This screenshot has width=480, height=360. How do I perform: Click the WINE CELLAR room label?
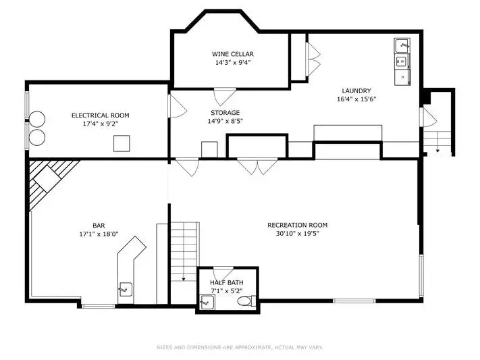pyautogui.click(x=233, y=54)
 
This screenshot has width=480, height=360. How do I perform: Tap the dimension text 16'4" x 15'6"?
pyautogui.click(x=356, y=99)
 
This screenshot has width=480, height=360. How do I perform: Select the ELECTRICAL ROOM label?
pyautogui.click(x=101, y=115)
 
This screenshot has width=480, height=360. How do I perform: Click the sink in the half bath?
pyautogui.click(x=207, y=302)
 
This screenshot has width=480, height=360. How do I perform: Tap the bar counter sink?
pyautogui.click(x=125, y=289)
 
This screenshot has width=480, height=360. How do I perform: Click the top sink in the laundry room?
pyautogui.click(x=402, y=46)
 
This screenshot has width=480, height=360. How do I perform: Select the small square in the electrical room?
pyautogui.click(x=122, y=143)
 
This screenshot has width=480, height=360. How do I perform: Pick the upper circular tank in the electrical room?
pyautogui.click(x=37, y=119)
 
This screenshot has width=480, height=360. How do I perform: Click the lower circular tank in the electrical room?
pyautogui.click(x=37, y=138)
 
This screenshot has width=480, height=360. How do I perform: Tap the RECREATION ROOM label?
pyautogui.click(x=298, y=225)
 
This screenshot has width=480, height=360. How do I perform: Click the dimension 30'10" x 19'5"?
pyautogui.click(x=298, y=234)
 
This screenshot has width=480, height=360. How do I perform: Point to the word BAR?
pyautogui.click(x=99, y=226)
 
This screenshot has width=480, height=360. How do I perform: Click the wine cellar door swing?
pyautogui.click(x=225, y=97)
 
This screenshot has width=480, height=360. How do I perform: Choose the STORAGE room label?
pyautogui.click(x=225, y=113)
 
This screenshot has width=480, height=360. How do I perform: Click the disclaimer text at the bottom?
pyautogui.click(x=240, y=347)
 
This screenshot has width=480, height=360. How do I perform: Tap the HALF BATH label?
pyautogui.click(x=227, y=283)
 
